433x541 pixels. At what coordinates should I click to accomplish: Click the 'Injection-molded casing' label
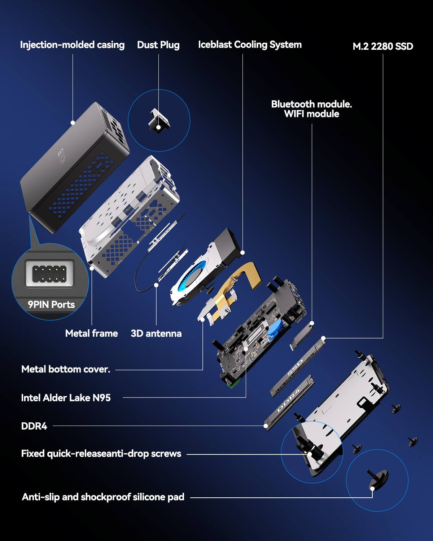72,45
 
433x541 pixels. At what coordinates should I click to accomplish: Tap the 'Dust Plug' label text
158,45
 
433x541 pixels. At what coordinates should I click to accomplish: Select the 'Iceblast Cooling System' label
250,45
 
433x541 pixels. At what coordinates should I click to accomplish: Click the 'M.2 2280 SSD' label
382,46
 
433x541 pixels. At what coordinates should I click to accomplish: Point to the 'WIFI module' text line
311,114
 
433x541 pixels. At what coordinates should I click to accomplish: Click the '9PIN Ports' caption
51,304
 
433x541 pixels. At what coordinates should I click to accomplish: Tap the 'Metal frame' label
91,333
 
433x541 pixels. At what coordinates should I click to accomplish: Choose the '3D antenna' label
156,333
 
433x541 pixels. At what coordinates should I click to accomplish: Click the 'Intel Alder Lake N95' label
66,398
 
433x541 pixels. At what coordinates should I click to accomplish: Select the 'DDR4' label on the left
34,426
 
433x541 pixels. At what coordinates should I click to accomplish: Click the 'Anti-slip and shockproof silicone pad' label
103,497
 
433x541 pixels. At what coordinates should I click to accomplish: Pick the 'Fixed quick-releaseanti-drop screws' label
101,454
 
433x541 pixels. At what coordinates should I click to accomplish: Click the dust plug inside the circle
159,120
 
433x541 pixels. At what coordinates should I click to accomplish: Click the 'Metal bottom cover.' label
66,369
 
